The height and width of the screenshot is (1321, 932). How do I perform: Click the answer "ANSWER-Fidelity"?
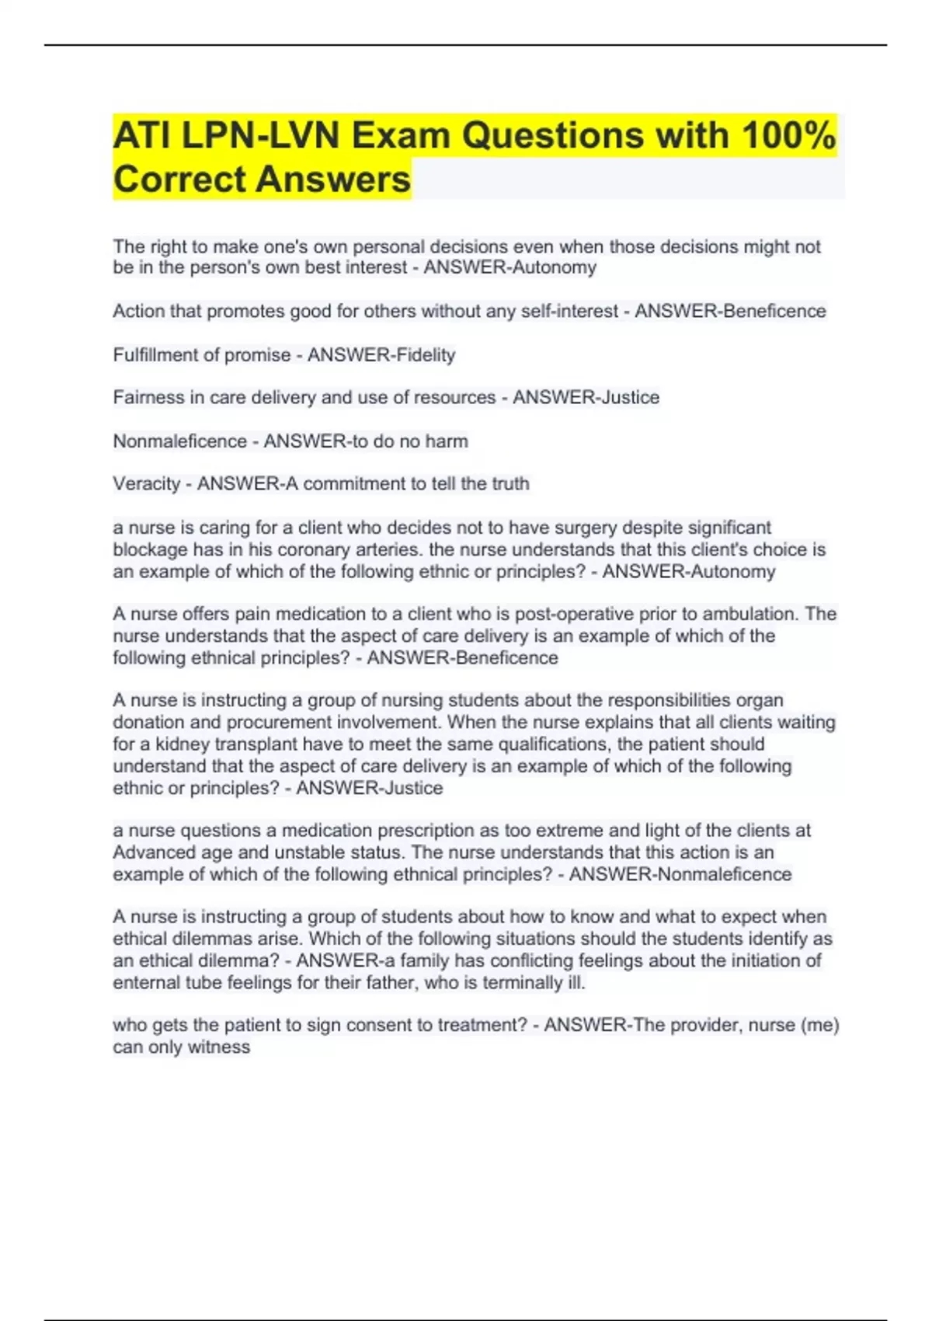coord(381,355)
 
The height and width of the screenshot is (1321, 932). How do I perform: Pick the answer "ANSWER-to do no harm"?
coord(366,441)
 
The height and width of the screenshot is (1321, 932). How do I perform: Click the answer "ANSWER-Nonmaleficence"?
coord(680,874)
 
